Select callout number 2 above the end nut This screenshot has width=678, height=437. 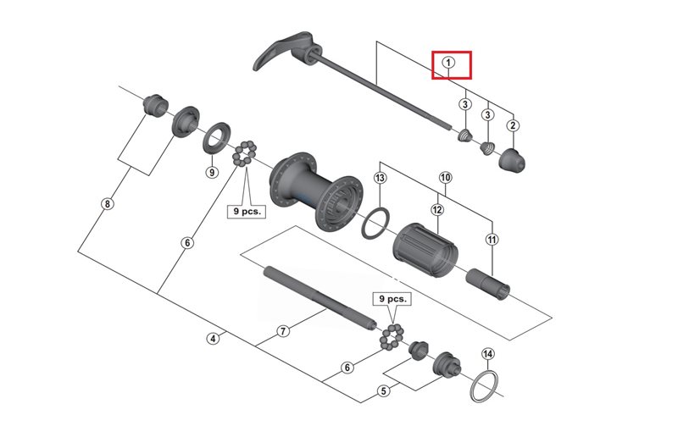pyautogui.click(x=513, y=126)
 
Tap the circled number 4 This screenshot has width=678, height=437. pyautogui.click(x=213, y=339)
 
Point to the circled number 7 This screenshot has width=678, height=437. pyautogui.click(x=283, y=331)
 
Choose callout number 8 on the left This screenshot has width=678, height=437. pyautogui.click(x=107, y=203)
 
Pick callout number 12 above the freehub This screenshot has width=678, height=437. pyautogui.click(x=437, y=209)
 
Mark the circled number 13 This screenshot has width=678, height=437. pyautogui.click(x=380, y=178)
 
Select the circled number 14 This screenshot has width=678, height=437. pyautogui.click(x=486, y=353)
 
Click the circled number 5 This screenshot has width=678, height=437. pyautogui.click(x=384, y=391)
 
